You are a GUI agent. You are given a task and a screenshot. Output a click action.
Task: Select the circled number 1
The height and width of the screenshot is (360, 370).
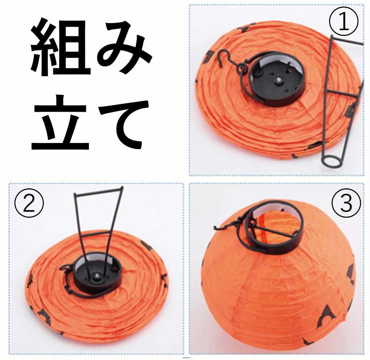(344, 22)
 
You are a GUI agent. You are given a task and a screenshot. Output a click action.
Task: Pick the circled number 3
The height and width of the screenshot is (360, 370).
(346, 204)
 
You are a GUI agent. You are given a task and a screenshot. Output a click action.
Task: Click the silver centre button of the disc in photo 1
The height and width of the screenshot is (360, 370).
(279, 80)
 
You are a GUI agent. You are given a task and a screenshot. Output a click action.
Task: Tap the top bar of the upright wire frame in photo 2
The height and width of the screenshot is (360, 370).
(98, 191)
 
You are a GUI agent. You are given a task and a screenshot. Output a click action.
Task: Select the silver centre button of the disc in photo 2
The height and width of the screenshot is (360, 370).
(96, 275)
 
